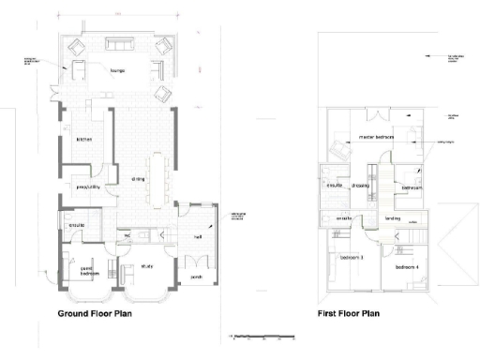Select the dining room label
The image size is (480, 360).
coord(138,178)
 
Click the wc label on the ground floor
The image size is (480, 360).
coord(124,232)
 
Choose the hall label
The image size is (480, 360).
coord(198,237)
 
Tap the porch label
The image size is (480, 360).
coord(196,277)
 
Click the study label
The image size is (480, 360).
coord(147,265)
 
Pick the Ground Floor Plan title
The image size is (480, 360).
coord(95,314)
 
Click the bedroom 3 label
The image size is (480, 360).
coord(352,256)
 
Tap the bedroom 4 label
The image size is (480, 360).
coord(409,267)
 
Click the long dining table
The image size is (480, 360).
coord(166,176)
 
